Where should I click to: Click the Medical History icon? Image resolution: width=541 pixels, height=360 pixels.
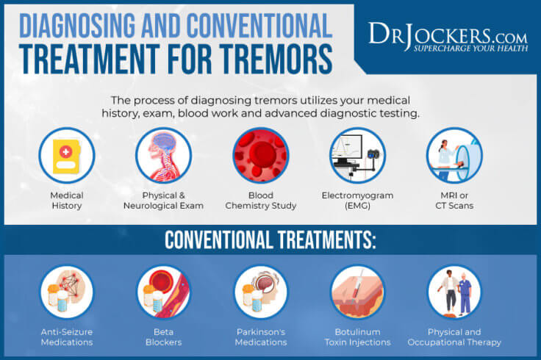click(67, 155)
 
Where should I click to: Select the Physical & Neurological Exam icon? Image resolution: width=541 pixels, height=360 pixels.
click(163, 155)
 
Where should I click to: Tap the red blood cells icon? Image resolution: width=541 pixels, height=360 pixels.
click(260, 155)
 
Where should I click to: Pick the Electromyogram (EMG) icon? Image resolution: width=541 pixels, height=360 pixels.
click(357, 155)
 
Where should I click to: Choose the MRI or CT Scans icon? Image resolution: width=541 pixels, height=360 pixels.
click(454, 155)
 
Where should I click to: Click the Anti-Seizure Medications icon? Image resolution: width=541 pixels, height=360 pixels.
click(67, 292)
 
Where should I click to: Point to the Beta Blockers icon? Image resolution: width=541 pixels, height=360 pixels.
click(163, 292)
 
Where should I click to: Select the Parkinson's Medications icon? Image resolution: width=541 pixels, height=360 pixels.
click(260, 292)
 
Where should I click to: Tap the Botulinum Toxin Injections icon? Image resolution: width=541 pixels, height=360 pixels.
click(357, 292)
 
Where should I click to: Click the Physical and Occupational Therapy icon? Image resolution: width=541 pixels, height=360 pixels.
click(454, 292)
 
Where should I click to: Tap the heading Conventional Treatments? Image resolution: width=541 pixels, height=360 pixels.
click(270, 241)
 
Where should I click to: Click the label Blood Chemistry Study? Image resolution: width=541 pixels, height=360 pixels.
click(260, 201)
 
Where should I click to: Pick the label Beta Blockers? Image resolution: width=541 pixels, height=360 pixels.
click(163, 336)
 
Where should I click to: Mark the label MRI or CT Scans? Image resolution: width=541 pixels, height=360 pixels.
click(454, 201)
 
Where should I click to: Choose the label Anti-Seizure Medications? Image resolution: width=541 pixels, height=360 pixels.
click(67, 336)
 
